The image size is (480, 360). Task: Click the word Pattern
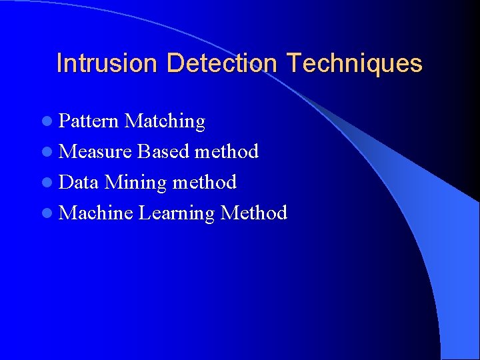(x=89, y=121)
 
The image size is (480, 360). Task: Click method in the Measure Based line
(x=226, y=152)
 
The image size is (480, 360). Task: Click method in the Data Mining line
(x=205, y=183)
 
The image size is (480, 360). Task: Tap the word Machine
(x=96, y=213)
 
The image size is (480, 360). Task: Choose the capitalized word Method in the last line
(x=253, y=213)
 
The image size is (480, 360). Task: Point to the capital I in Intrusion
(x=60, y=63)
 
